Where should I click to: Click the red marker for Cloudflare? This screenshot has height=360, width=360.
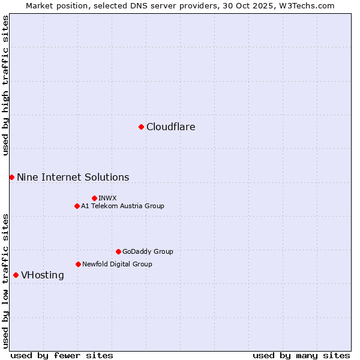[x=141, y=127]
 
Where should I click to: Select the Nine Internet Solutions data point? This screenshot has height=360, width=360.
[x=11, y=177]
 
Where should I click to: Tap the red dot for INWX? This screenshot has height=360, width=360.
[x=94, y=198]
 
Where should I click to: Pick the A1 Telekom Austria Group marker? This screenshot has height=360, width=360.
[x=77, y=206]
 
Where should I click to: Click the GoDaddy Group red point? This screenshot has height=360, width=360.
[x=118, y=251]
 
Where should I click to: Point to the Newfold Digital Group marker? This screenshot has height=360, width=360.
[x=78, y=264]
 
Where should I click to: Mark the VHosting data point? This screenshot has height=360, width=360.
[x=16, y=275]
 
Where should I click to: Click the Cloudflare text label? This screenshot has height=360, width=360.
[x=170, y=127]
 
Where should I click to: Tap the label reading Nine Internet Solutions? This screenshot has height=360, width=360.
[x=73, y=177]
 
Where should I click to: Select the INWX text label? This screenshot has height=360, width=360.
[x=107, y=198]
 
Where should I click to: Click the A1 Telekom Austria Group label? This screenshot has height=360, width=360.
[x=122, y=206]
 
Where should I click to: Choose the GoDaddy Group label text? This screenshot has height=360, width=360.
[x=148, y=251]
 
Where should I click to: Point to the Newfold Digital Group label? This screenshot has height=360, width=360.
[x=117, y=264]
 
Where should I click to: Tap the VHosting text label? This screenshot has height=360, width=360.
[x=42, y=275]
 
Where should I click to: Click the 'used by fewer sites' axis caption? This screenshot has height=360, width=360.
[x=62, y=355]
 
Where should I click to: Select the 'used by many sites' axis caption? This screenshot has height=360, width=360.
[x=301, y=355]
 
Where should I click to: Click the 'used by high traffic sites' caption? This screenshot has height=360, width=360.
[x=5, y=85]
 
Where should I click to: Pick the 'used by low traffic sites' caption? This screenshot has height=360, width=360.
[x=5, y=280]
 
